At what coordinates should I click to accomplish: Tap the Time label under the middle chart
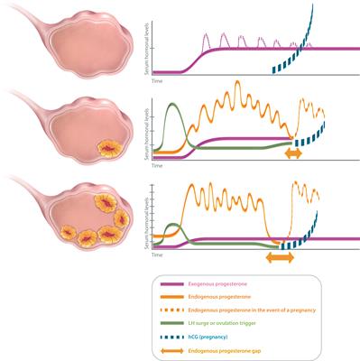pyautogui.click(x=156, y=166)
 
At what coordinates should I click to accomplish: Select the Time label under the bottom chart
pyautogui.click(x=156, y=255)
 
